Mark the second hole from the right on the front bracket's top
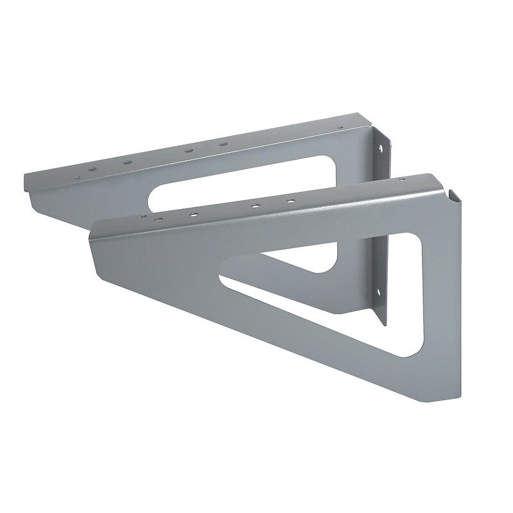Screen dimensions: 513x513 tap(255, 206)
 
